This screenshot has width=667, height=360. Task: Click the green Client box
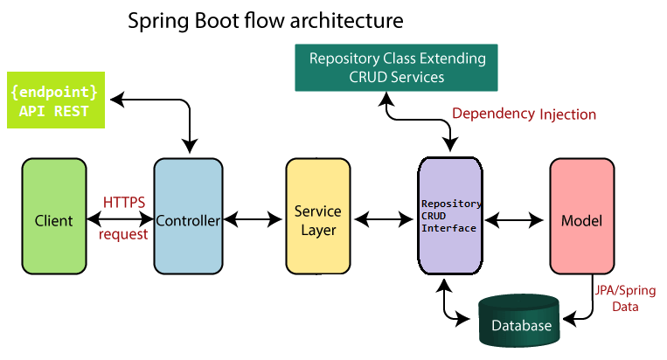[54, 217]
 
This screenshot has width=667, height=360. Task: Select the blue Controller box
[188, 217]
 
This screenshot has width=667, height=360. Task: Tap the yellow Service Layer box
[318, 217]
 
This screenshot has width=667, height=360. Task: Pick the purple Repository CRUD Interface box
[450, 216]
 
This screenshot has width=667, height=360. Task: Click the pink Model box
[582, 217]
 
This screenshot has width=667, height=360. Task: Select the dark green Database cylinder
[519, 321]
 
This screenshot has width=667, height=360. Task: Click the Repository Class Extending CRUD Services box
[397, 67]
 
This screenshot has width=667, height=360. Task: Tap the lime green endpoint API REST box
[56, 100]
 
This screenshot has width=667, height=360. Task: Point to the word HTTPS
[124, 203]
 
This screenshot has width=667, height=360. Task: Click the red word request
[123, 234]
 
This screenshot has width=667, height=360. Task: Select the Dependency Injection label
[524, 114]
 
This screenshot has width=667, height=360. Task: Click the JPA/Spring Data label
[625, 298]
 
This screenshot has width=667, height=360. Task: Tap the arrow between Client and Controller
[121, 219]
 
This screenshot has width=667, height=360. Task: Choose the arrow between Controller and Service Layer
[254, 219]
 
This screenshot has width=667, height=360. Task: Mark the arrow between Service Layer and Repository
[384, 219]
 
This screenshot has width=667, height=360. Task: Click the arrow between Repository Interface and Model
[514, 220]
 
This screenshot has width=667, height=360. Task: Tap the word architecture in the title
[347, 20]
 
